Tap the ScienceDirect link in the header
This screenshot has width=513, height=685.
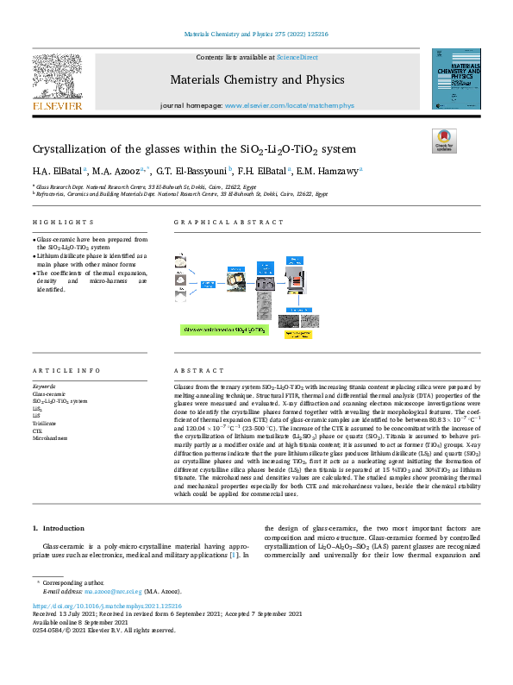297,57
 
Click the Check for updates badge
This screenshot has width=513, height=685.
443,140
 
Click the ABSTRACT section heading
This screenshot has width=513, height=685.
193,369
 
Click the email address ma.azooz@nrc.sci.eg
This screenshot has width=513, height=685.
114,591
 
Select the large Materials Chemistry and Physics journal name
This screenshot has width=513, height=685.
256,80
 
